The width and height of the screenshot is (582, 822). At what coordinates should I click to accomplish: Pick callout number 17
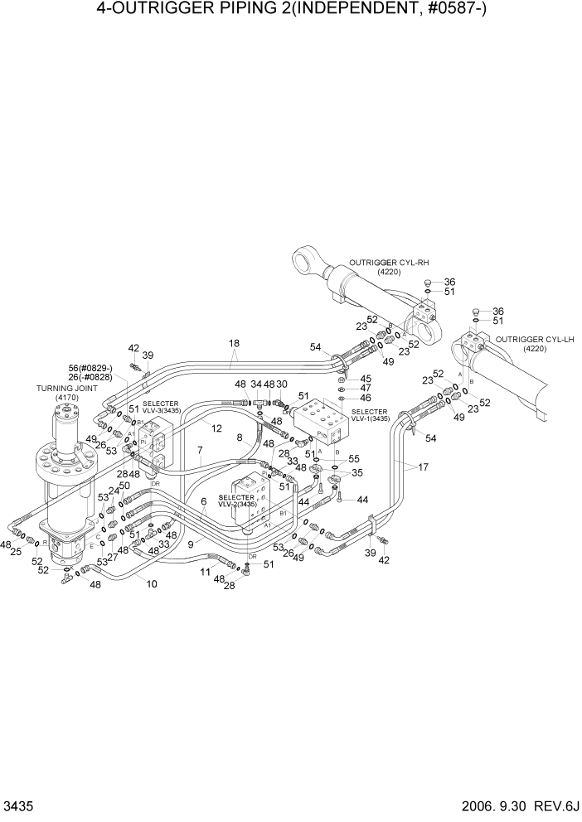pyautogui.click(x=423, y=467)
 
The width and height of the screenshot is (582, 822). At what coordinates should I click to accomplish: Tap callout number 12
pyautogui.click(x=216, y=428)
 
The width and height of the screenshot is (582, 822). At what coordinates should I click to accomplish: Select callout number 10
pyautogui.click(x=152, y=583)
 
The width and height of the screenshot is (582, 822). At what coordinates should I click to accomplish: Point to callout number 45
pyautogui.click(x=365, y=378)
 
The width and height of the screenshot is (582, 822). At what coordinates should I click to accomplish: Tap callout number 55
pyautogui.click(x=353, y=458)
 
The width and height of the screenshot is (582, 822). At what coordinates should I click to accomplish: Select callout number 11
pyautogui.click(x=205, y=571)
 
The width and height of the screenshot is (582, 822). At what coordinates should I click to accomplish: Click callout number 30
pyautogui.click(x=281, y=384)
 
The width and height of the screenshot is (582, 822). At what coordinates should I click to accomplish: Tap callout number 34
pyautogui.click(x=255, y=384)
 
